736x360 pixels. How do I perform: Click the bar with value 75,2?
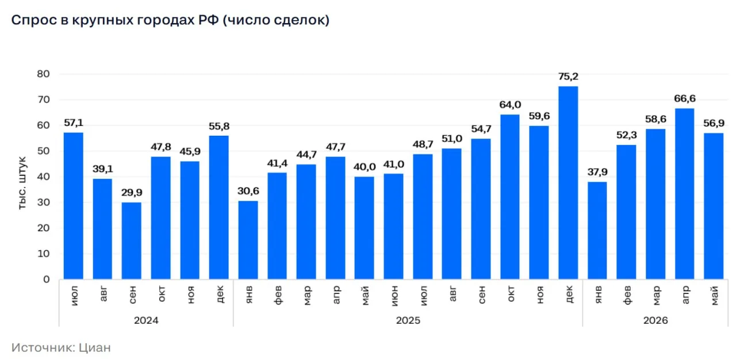pyautogui.click(x=568, y=183)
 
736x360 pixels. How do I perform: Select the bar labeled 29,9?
pyautogui.click(x=132, y=241)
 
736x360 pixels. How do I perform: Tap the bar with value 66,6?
pyautogui.click(x=685, y=194)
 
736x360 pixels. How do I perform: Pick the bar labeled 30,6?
pyautogui.click(x=248, y=240)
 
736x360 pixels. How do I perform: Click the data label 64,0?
pyautogui.click(x=510, y=105)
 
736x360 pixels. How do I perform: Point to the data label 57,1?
pyautogui.click(x=74, y=123)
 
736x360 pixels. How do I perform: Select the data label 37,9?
pyautogui.click(x=597, y=172)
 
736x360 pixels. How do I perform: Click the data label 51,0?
pyautogui.click(x=452, y=139)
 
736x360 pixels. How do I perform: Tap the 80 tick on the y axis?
pyautogui.click(x=43, y=74)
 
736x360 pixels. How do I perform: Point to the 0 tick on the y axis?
pyautogui.click(x=47, y=279)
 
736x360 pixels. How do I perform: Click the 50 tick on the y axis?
pyautogui.click(x=43, y=151)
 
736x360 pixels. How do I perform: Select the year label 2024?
pyautogui.click(x=146, y=320)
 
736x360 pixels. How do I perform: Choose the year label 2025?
pyautogui.click(x=408, y=320)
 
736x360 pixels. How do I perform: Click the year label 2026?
pyautogui.click(x=655, y=320)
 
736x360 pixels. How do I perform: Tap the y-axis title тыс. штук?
pyautogui.click(x=22, y=183)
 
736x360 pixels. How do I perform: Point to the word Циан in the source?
pyautogui.click(x=95, y=347)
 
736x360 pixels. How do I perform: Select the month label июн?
pyautogui.click(x=394, y=296)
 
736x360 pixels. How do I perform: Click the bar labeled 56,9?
pyautogui.click(x=714, y=206)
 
